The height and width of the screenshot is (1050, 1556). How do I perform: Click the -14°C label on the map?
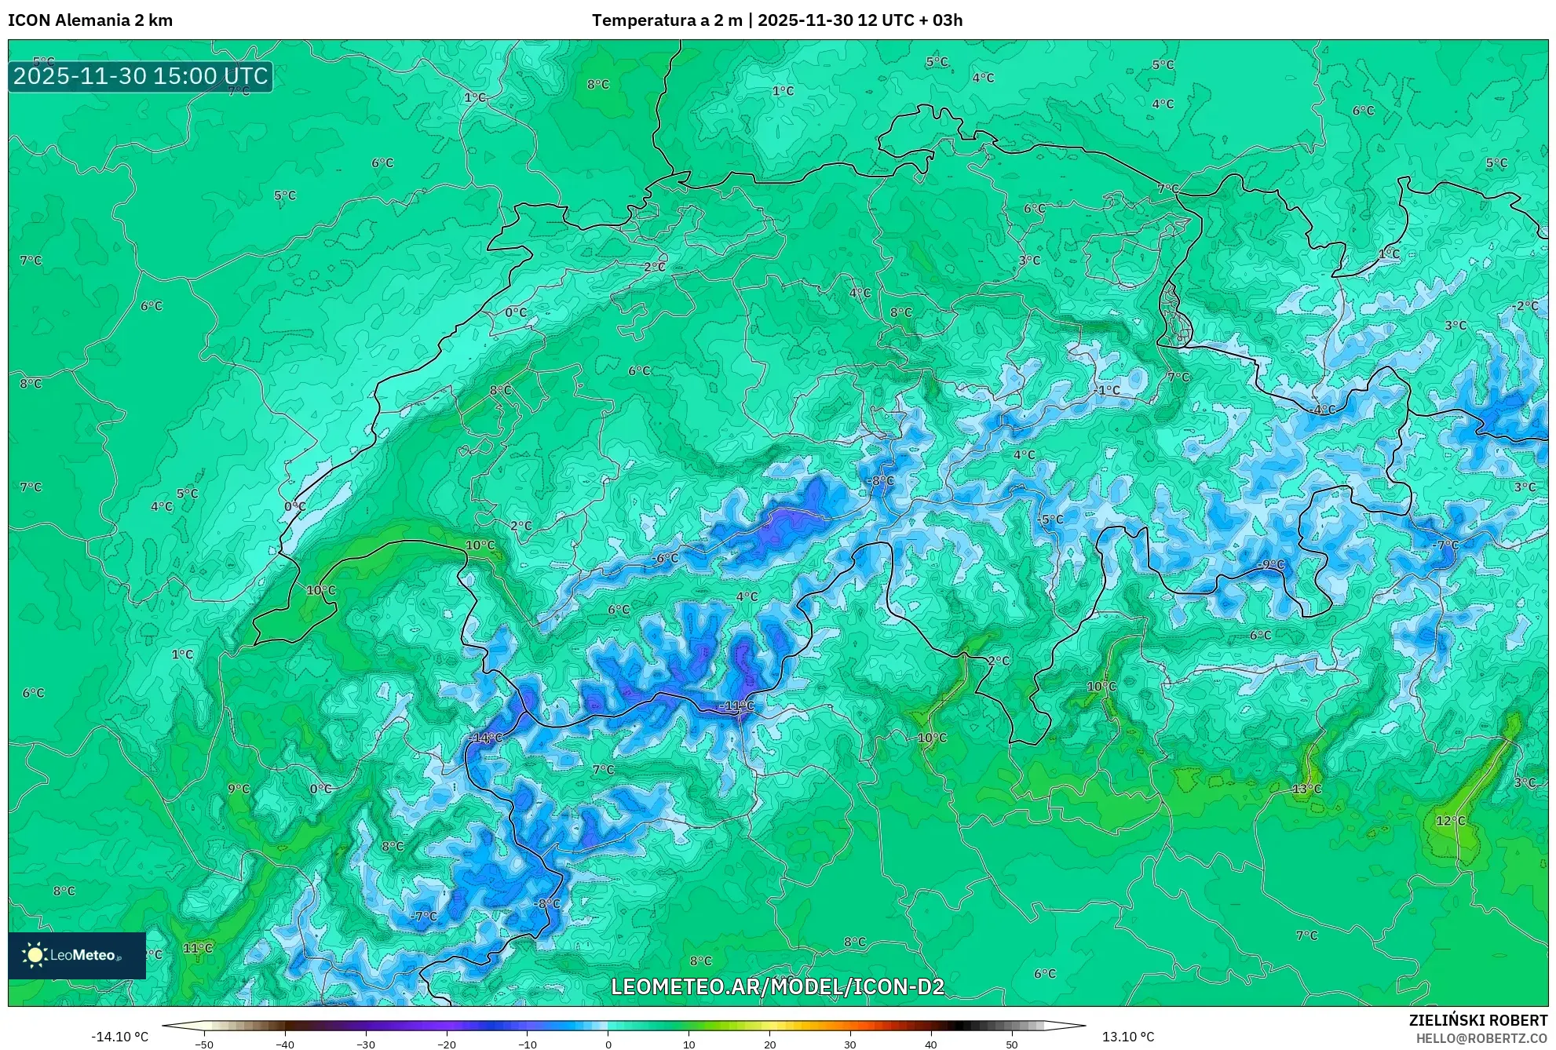pos(485,738)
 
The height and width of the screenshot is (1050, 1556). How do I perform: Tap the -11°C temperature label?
pos(736,705)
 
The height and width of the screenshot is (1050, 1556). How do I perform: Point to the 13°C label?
pos(1307,789)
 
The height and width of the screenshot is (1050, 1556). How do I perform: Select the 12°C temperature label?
pos(1450,821)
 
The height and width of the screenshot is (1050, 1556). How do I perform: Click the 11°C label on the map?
pos(198,948)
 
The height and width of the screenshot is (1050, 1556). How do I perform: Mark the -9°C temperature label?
pos(1271,564)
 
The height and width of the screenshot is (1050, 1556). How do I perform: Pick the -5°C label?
pos(1050,520)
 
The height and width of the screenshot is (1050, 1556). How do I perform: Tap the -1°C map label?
pos(1108,390)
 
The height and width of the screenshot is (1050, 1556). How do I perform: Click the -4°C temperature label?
pos(1324,410)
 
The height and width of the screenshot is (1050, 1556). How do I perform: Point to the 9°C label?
pos(239,789)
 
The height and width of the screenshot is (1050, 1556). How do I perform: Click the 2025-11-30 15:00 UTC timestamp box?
pos(141,76)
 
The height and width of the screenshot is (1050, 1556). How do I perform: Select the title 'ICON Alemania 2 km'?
pos(90,20)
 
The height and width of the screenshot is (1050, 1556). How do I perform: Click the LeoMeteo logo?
pos(77,955)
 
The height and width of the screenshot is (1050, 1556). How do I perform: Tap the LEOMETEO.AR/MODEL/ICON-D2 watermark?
pos(777,986)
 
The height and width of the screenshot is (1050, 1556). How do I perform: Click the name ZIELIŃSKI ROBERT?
pos(1478,1020)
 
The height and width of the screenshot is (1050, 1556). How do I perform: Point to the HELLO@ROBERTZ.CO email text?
pos(1481,1038)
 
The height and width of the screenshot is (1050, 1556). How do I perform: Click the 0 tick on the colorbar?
pos(608,1044)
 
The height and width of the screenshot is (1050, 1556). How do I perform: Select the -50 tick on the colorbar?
pos(204,1044)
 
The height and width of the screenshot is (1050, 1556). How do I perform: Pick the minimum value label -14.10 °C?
pos(120,1037)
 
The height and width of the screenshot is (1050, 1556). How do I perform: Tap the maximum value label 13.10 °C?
pos(1128,1037)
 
